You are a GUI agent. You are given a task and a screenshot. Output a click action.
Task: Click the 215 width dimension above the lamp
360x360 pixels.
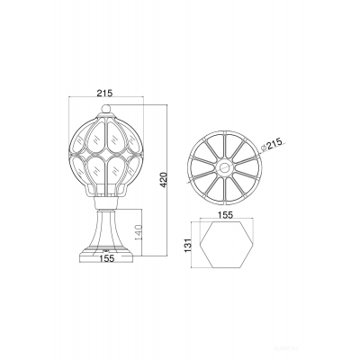point(104,93)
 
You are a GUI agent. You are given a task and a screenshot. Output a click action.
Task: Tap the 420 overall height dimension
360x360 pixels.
point(163,180)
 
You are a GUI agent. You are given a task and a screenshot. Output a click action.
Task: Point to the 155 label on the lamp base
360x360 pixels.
point(106,258)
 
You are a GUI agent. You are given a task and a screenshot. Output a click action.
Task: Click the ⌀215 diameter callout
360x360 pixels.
point(272,146)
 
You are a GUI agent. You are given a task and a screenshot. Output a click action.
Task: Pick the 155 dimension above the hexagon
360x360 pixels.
point(226,215)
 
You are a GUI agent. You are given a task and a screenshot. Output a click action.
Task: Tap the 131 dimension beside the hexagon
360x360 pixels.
point(187,246)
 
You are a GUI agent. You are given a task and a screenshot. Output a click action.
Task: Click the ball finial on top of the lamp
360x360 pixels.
point(105,108)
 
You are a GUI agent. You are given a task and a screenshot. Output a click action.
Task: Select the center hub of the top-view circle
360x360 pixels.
point(224,167)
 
